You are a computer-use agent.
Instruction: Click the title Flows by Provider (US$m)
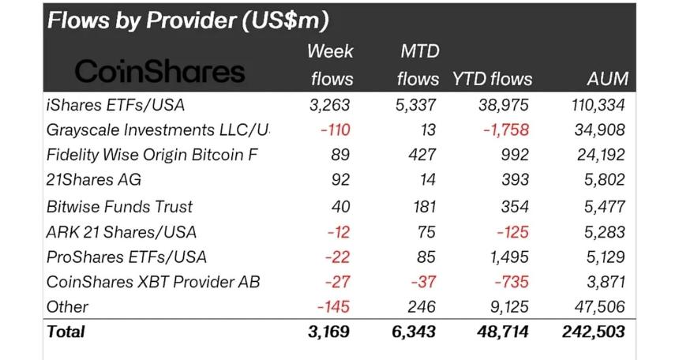click(x=188, y=20)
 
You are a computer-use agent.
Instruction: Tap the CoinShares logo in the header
click(x=159, y=72)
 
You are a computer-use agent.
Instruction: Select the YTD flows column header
click(x=492, y=78)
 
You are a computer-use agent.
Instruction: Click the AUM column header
click(x=608, y=78)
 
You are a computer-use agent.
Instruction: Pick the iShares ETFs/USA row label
click(x=115, y=103)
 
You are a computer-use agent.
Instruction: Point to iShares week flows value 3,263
click(x=328, y=103)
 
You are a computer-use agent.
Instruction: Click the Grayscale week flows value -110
click(x=335, y=129)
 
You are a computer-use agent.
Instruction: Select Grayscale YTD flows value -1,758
click(x=506, y=129)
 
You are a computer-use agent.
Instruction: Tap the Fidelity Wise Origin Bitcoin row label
click(x=153, y=154)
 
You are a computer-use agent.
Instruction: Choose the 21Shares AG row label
click(x=94, y=179)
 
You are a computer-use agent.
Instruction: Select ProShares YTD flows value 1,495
click(x=507, y=257)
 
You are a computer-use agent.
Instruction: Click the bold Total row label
click(x=66, y=331)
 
